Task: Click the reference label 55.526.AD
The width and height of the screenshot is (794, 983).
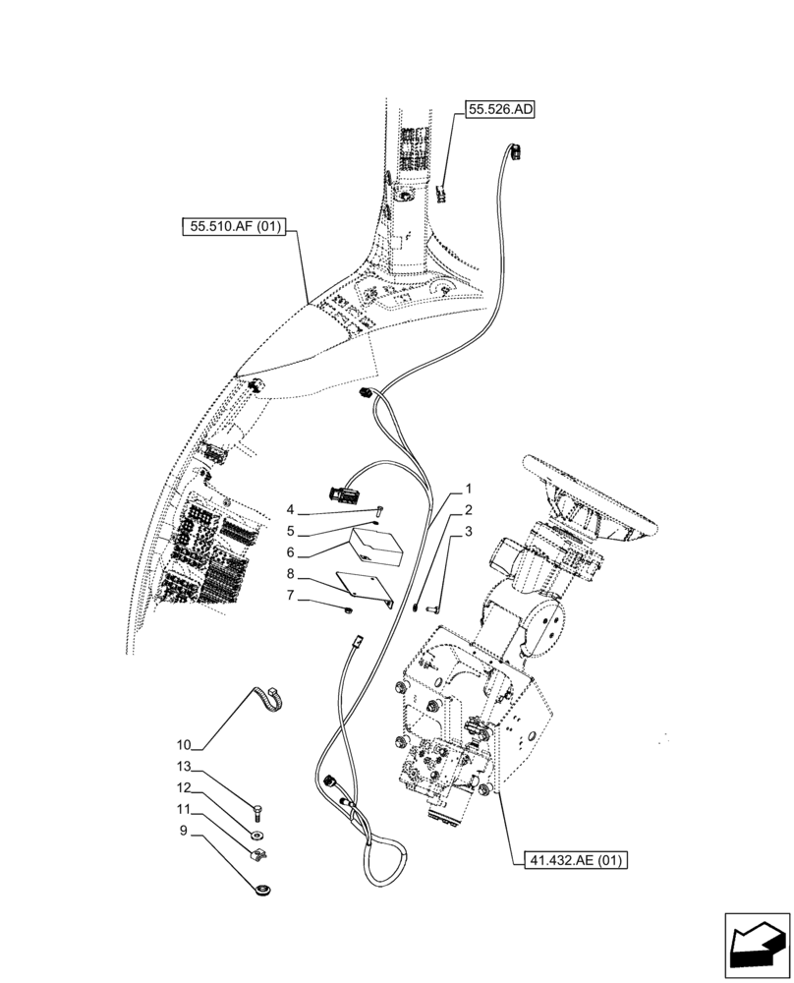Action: point(499,111)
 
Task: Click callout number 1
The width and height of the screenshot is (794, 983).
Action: point(469,489)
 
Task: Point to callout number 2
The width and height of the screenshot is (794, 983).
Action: point(469,510)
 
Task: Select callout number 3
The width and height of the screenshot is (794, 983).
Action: point(469,532)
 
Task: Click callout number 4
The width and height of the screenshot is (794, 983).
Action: point(291,510)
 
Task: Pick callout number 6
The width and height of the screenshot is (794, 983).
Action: point(291,553)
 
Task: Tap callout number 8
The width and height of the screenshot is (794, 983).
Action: point(291,574)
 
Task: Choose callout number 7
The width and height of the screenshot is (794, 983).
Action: point(291,596)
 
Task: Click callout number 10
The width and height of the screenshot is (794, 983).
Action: point(184,744)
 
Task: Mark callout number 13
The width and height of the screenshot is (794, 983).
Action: point(184,767)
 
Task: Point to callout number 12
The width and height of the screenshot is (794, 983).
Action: point(184,787)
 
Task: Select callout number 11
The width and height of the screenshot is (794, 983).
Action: point(184,809)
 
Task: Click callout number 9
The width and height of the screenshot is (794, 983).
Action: point(184,831)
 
